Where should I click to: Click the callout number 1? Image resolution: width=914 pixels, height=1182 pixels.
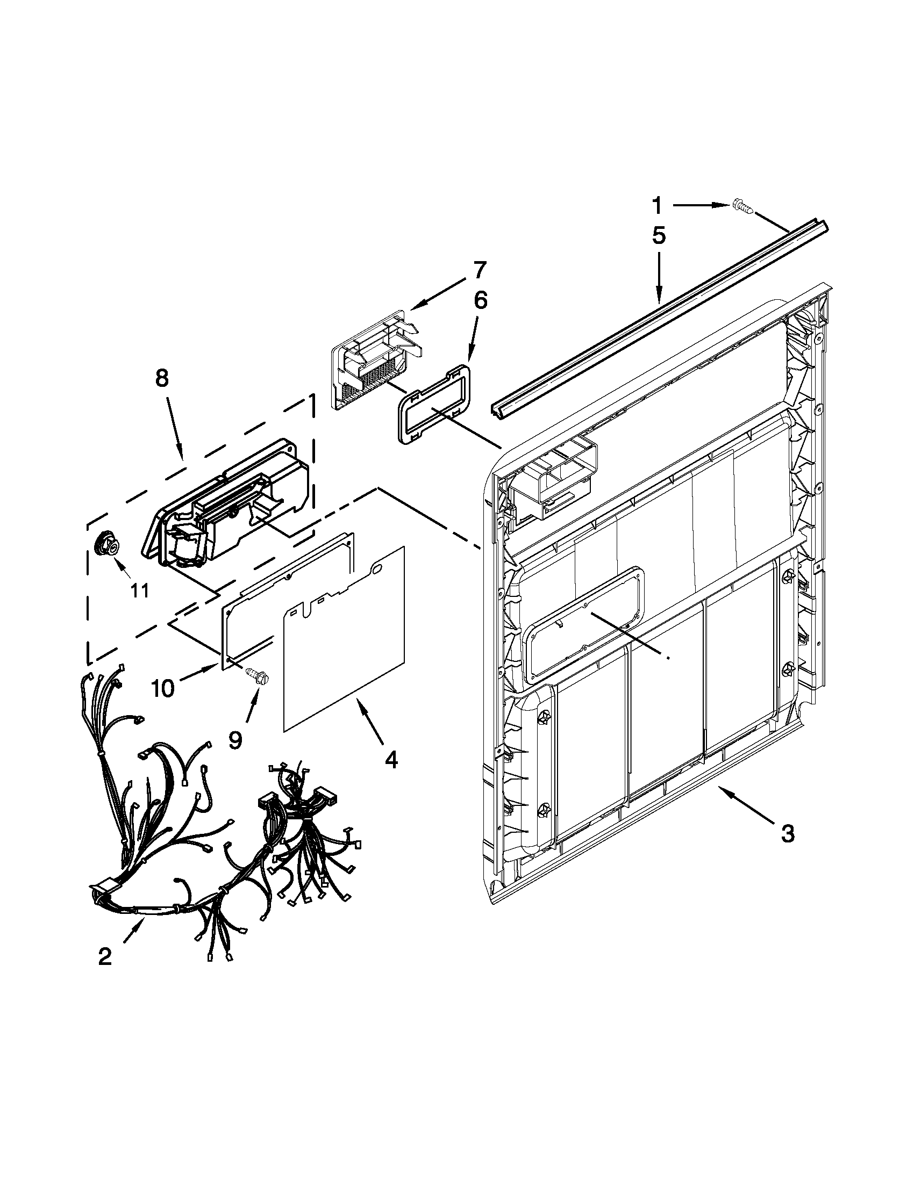point(656,206)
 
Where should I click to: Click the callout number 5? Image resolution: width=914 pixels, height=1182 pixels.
point(659,236)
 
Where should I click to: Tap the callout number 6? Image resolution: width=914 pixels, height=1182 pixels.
point(480,300)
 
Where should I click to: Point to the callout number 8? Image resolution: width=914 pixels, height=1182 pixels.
point(162,378)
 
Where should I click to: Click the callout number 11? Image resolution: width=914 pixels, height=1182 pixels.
point(140,591)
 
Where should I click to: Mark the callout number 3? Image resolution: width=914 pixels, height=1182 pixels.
point(787,834)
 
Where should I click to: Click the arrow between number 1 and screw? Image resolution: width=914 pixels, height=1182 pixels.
point(702,205)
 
